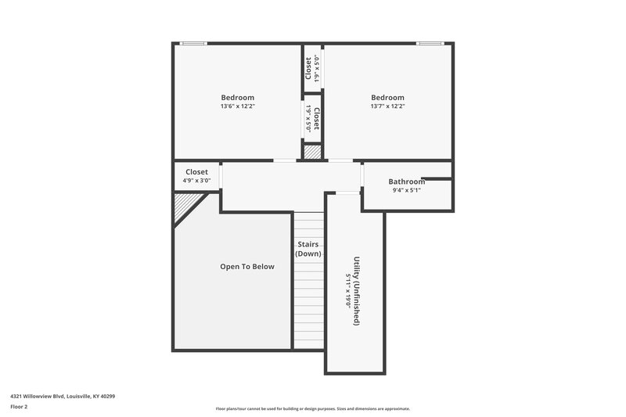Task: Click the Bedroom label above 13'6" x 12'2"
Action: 237,98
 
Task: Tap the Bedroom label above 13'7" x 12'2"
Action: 387,98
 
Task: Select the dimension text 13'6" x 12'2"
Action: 237,106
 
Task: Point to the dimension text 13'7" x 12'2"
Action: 387,106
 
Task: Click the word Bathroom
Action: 406,182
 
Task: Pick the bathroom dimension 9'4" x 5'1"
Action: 406,190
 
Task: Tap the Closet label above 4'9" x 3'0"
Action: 196,171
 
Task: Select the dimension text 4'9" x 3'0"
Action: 196,180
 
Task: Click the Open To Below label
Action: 247,267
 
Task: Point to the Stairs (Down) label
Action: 308,249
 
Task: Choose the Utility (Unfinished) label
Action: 356,290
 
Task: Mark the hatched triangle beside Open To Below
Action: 185,206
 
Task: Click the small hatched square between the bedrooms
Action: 312,153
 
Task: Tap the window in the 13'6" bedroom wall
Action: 193,43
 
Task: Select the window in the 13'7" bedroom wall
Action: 430,43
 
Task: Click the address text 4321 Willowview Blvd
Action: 63,396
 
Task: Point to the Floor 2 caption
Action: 19,407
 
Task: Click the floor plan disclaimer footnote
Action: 313,408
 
